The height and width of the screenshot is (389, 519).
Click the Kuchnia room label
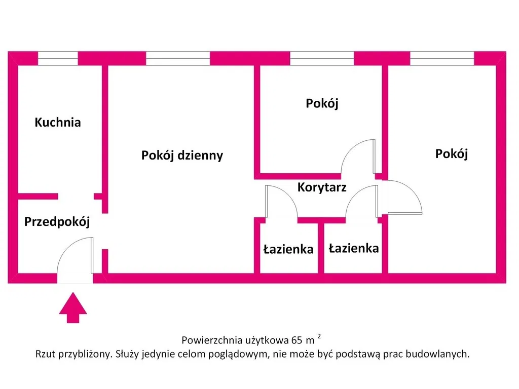(58, 122)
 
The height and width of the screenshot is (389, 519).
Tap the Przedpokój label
(57, 221)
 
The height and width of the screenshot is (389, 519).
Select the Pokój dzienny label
(182, 155)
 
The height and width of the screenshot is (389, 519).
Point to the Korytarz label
(322, 187)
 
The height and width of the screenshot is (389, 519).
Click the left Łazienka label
(288, 249)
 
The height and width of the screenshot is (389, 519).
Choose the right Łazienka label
(353, 248)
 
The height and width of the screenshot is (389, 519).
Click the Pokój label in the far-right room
(451, 153)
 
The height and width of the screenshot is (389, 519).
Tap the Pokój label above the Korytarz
(322, 103)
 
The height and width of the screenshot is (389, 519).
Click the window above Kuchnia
(58, 58)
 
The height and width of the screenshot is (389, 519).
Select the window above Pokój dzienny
(178, 58)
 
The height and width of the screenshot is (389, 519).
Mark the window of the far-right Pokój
(442, 58)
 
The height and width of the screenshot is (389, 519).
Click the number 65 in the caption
(296, 339)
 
